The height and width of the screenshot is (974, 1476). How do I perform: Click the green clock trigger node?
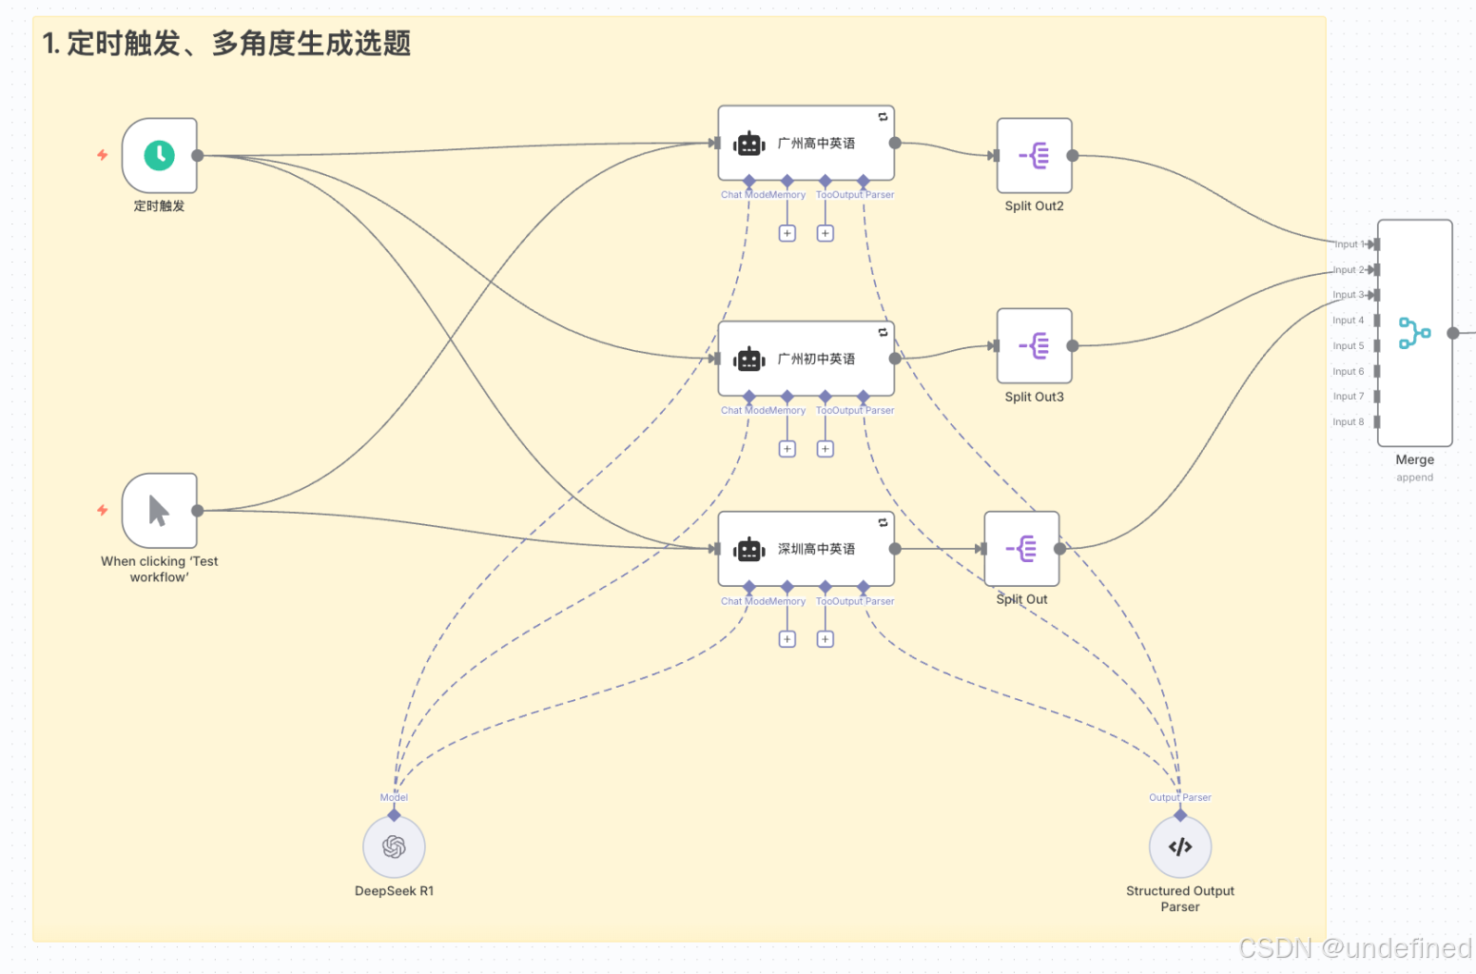click(159, 155)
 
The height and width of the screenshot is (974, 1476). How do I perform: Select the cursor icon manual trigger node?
click(159, 511)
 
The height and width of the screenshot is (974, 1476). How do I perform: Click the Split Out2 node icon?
click(1034, 155)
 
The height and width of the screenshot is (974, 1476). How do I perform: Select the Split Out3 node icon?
click(1034, 346)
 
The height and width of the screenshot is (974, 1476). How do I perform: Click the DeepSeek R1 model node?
click(394, 847)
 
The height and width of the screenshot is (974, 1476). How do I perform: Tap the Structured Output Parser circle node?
click(1179, 847)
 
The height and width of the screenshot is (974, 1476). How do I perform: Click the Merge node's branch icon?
click(1414, 333)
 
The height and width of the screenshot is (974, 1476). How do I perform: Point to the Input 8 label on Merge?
click(1348, 421)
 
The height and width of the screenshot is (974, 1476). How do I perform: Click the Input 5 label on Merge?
click(1348, 346)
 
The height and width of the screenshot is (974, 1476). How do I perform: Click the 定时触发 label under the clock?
click(159, 206)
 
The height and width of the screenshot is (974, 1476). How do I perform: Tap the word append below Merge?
click(1414, 477)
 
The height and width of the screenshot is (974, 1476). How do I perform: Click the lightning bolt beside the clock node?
click(103, 155)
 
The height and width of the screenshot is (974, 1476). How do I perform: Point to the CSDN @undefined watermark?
click(1354, 948)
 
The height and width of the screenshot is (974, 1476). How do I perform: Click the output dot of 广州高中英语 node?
click(895, 144)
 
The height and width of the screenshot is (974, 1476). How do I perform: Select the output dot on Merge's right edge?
click(1453, 333)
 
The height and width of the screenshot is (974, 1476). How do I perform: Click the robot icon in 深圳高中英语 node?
click(749, 549)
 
